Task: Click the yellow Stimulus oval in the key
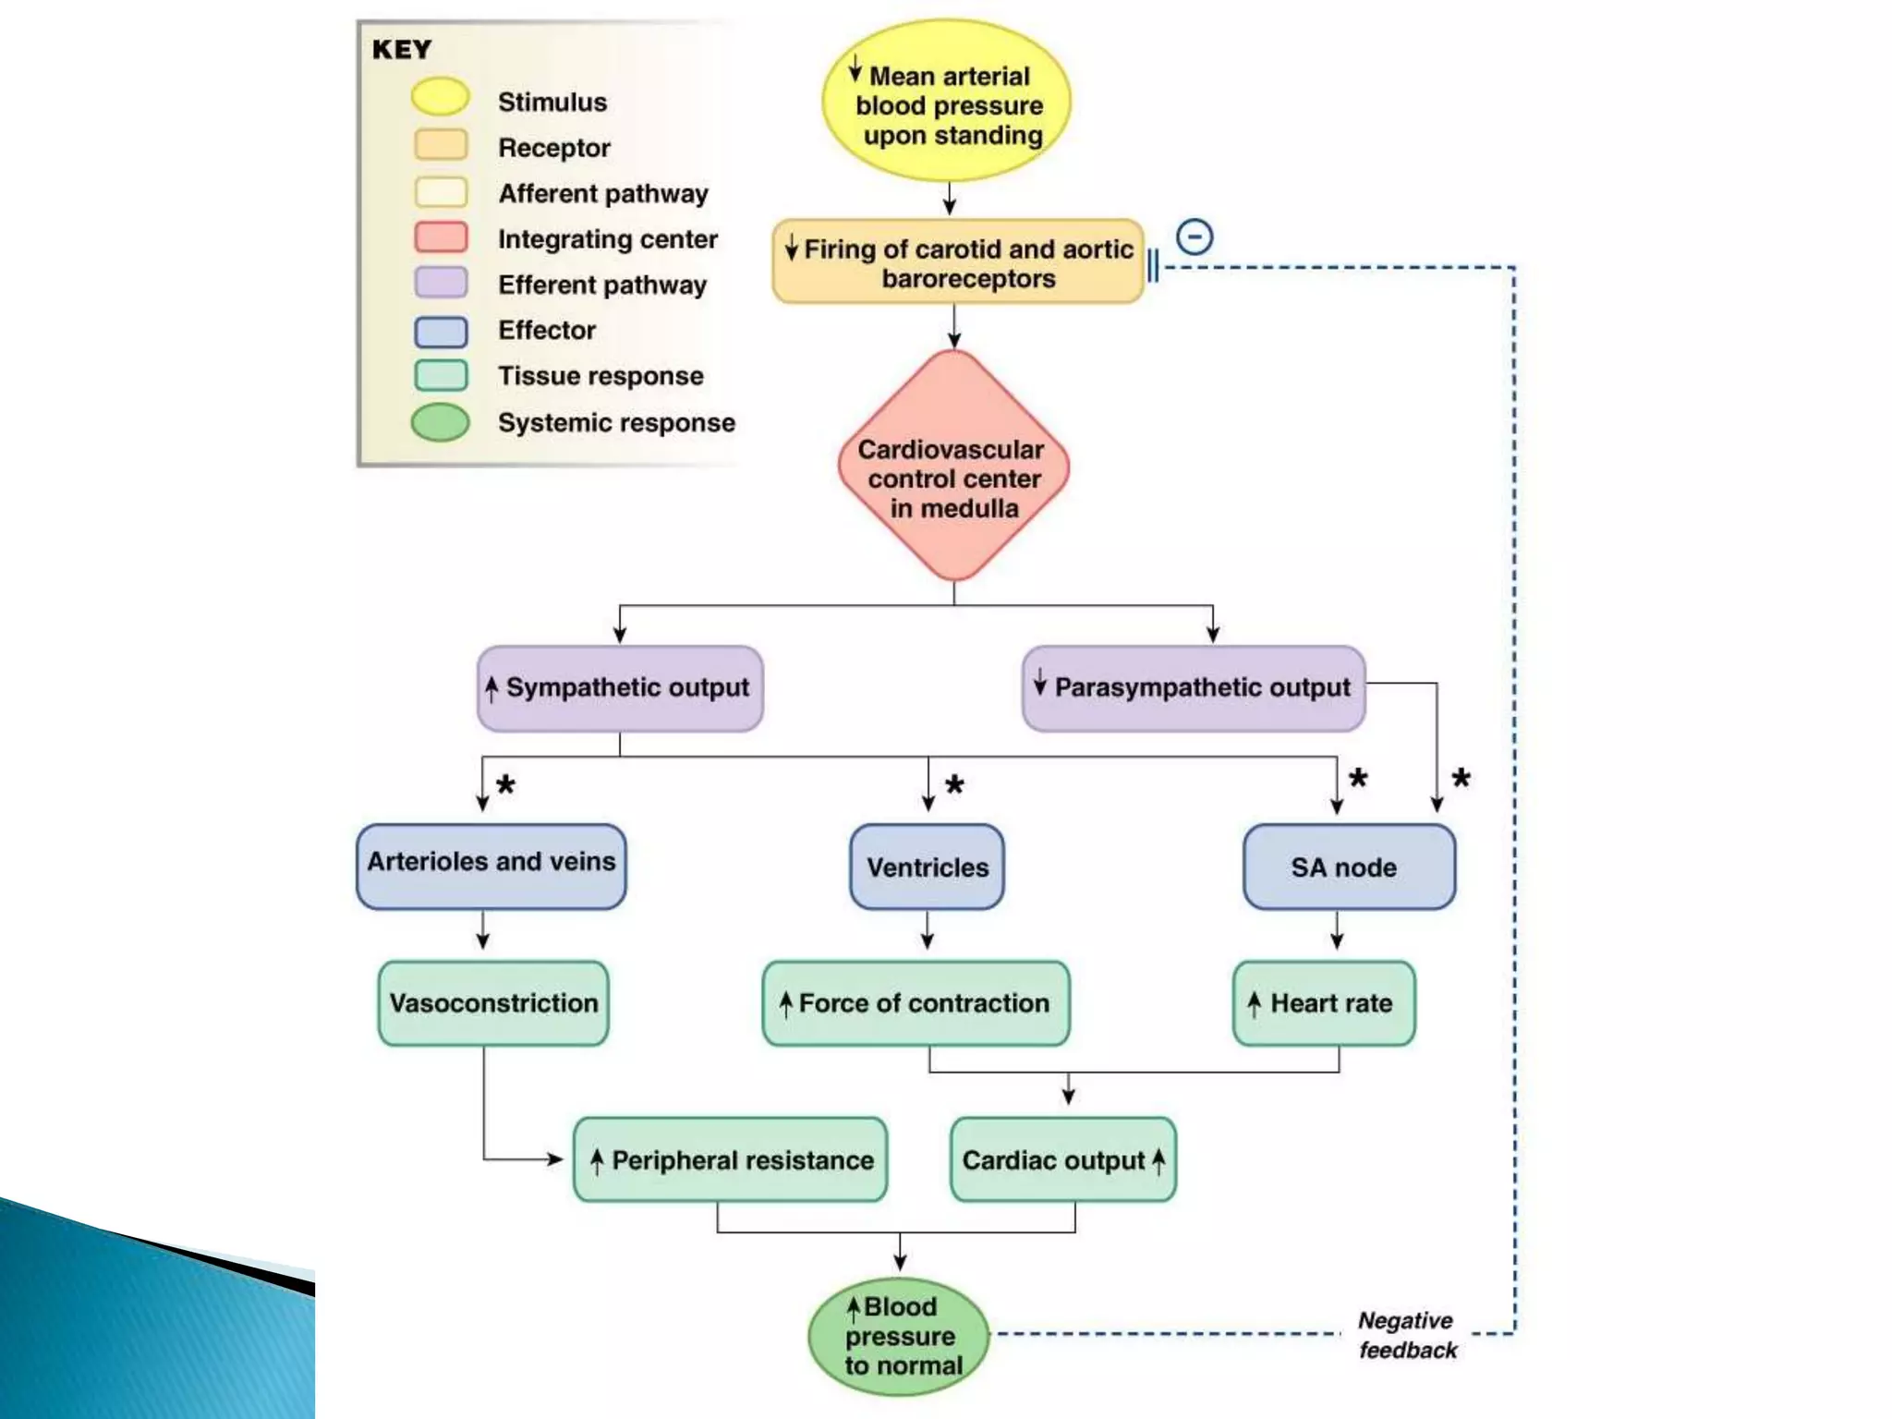click(441, 97)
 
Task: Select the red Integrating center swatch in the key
click(441, 237)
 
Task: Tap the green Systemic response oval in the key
click(441, 422)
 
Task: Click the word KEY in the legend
click(402, 50)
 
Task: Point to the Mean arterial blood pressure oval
click(947, 102)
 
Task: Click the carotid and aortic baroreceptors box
click(958, 262)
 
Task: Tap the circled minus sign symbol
click(1195, 237)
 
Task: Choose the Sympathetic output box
click(620, 688)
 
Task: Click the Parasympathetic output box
click(1194, 688)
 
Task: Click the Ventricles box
click(928, 867)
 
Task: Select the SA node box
click(1348, 867)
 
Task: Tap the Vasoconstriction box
click(493, 1003)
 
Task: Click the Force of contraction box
click(916, 1003)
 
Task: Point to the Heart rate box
click(1324, 1003)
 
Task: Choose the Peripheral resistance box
click(731, 1160)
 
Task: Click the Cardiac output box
click(1063, 1160)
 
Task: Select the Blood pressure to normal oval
click(899, 1336)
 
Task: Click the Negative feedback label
click(1407, 1336)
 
